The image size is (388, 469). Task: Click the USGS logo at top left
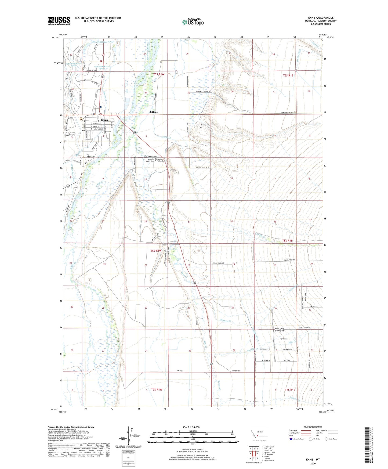59,20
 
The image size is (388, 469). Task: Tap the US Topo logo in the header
193,22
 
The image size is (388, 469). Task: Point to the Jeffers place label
153,112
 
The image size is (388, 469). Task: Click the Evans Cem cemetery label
205,125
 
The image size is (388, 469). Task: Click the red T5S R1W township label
159,74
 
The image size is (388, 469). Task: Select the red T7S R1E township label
290,390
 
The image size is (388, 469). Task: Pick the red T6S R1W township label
156,251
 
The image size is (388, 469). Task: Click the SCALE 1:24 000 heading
191,427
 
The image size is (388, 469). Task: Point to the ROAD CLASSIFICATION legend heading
313,427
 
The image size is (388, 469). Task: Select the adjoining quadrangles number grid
254,453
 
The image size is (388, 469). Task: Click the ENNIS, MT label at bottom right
313,460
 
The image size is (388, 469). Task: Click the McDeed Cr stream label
226,320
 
